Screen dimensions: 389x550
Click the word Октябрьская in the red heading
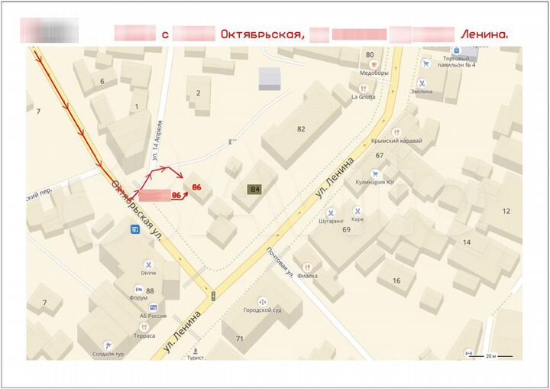tap(262, 34)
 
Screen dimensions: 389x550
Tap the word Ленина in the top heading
tap(484, 34)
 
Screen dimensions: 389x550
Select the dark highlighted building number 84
tap(254, 190)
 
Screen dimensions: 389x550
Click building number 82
tap(301, 129)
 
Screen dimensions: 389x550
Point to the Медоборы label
tap(374, 74)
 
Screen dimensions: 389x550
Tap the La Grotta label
tap(364, 97)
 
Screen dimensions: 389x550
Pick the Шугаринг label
tap(332, 221)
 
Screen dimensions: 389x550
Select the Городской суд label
tap(262, 311)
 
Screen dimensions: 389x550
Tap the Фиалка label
tap(308, 275)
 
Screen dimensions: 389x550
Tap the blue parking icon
tap(135, 230)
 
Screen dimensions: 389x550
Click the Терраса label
tap(143, 336)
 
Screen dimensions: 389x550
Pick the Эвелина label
tap(421, 92)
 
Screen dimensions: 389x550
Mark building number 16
tap(396, 280)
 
